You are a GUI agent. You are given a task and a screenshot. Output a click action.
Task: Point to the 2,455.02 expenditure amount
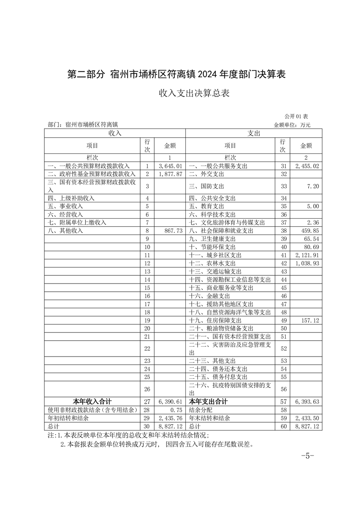point(307,166)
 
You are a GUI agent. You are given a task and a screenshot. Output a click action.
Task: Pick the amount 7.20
point(313,186)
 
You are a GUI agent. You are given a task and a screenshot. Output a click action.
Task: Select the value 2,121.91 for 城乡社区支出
point(307,255)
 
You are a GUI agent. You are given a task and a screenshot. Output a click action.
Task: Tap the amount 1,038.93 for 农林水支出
point(307,263)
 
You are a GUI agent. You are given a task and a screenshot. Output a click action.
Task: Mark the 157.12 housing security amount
point(311,320)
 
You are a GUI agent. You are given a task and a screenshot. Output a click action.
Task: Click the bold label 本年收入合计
point(93,401)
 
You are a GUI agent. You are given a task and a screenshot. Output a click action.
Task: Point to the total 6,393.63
point(307,401)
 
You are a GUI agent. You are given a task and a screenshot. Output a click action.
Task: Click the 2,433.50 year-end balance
point(307,418)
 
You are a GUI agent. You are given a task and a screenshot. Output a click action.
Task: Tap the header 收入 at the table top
point(114,133)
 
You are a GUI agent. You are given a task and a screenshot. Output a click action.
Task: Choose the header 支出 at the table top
point(254,133)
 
